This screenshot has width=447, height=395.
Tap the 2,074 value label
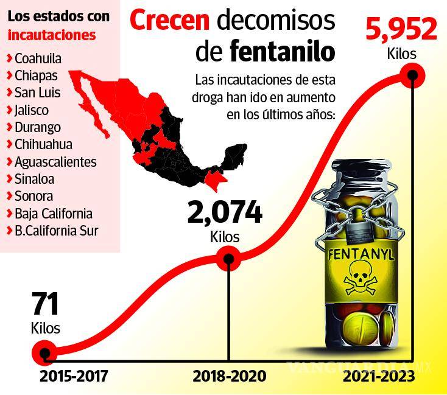point(225,213)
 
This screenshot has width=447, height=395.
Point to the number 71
point(44,304)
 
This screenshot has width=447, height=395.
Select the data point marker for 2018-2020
point(228,258)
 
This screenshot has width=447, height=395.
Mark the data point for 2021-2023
point(414,76)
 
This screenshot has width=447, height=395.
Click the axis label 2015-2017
point(73,376)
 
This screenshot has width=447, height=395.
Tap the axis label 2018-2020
point(229,376)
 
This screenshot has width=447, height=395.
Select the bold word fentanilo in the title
point(283,52)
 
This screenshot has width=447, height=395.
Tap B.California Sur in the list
point(55,231)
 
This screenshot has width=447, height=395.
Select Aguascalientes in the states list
point(55,162)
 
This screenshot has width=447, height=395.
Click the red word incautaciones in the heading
point(51,35)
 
